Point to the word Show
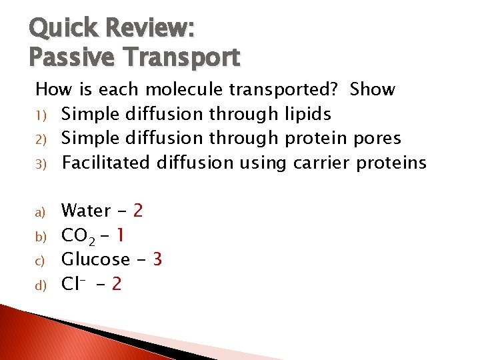coord(372,89)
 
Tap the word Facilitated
coord(107,163)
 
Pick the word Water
coord(86,211)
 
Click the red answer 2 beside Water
coord(138,211)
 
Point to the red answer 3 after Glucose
coord(157,259)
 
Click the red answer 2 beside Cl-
coord(116,284)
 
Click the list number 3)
coord(40,163)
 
